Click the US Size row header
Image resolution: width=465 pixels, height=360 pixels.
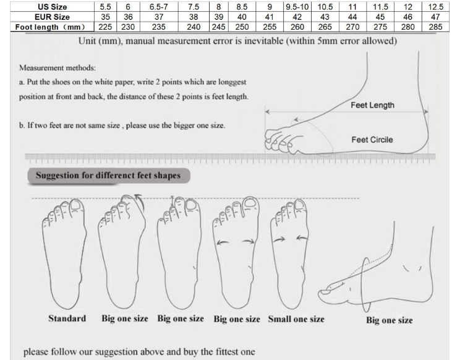click(x=52, y=7)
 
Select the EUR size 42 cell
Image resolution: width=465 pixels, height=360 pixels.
click(x=297, y=17)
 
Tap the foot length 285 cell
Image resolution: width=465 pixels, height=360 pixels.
click(x=435, y=27)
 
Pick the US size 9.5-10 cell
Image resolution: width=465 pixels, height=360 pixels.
click(x=297, y=7)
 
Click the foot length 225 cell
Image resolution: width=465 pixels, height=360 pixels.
click(x=105, y=27)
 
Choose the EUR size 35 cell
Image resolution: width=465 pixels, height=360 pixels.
click(x=105, y=17)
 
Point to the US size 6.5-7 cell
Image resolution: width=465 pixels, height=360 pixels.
click(x=159, y=7)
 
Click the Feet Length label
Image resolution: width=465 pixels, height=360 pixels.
click(x=372, y=105)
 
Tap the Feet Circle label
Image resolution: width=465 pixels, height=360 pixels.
click(x=372, y=140)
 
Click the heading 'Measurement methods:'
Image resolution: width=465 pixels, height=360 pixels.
click(x=58, y=68)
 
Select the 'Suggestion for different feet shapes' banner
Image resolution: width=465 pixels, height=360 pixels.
click(x=109, y=176)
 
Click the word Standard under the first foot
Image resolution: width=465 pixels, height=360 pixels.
click(x=67, y=319)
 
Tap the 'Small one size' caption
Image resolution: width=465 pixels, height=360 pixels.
click(x=296, y=319)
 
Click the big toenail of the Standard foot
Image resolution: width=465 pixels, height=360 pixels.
click(x=76, y=205)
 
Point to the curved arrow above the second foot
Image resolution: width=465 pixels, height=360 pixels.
click(x=139, y=201)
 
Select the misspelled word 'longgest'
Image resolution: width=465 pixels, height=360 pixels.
click(x=232, y=82)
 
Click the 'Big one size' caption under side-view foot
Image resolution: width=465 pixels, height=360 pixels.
click(x=390, y=320)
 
